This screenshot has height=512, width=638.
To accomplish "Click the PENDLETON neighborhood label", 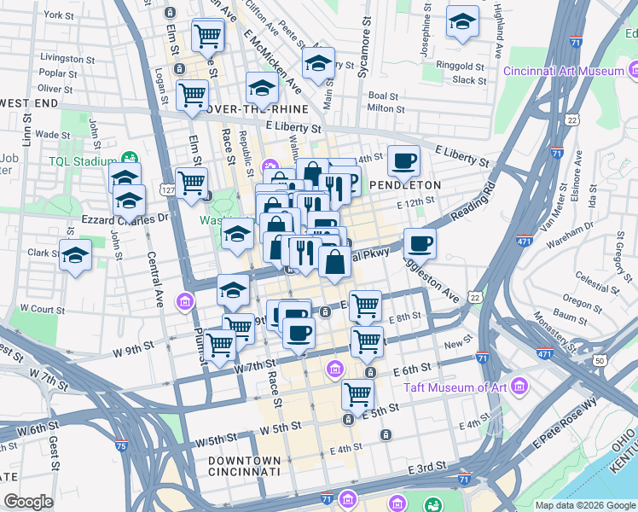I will click(x=405, y=184).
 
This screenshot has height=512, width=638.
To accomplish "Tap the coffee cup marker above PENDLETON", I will click(x=404, y=160).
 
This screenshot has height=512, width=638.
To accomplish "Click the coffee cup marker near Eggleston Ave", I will click(x=420, y=244).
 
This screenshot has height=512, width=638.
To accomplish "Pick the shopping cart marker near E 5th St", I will click(x=357, y=394).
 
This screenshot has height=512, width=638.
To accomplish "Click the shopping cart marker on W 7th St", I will click(x=221, y=344).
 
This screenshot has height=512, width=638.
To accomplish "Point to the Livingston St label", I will click(x=66, y=58).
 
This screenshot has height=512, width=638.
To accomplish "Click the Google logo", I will click(x=29, y=502).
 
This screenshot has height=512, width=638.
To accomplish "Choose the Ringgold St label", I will click(x=460, y=66).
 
